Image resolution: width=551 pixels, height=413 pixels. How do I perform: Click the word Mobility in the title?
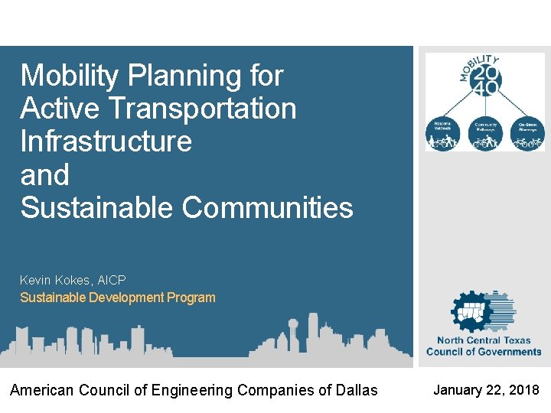pyautogui.click(x=67, y=76)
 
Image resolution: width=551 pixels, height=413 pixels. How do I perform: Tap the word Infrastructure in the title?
pyautogui.click(x=106, y=141)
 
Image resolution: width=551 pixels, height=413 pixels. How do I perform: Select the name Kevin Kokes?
pyautogui.click(x=53, y=281)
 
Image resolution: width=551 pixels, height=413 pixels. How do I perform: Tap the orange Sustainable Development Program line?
pyautogui.click(x=117, y=298)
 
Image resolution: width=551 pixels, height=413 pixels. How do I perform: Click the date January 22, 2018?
pyautogui.click(x=486, y=390)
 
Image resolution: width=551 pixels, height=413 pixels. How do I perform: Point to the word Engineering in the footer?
pyautogui.click(x=194, y=391)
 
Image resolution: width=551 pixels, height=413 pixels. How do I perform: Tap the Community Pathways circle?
pyautogui.click(x=486, y=134)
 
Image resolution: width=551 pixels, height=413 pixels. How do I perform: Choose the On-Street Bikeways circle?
pyautogui.click(x=528, y=134)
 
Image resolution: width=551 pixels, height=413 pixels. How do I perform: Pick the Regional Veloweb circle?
pyautogui.click(x=443, y=134)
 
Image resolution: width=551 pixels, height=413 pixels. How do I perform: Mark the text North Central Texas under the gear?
pyautogui.click(x=484, y=340)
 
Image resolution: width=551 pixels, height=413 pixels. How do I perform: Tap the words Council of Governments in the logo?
pyautogui.click(x=484, y=352)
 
